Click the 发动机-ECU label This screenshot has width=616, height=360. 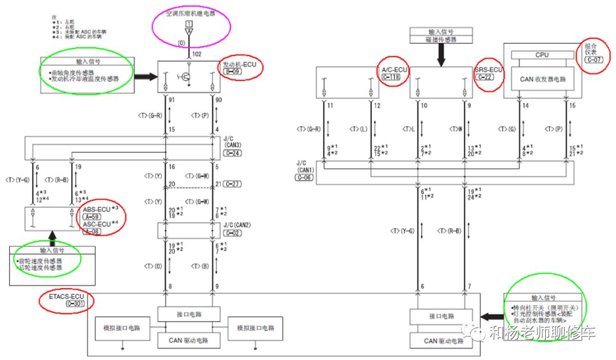pos(240,65)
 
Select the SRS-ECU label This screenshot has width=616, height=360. pos(489,70)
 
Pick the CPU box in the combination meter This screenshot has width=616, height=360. pos(542,55)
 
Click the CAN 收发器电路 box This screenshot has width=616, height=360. pos(542,79)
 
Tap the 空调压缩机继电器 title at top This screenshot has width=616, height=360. pos(191,13)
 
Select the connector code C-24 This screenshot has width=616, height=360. pos(232,153)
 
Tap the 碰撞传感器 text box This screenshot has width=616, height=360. pos(441,39)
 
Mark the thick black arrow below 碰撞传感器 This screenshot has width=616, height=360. pos(441,56)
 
